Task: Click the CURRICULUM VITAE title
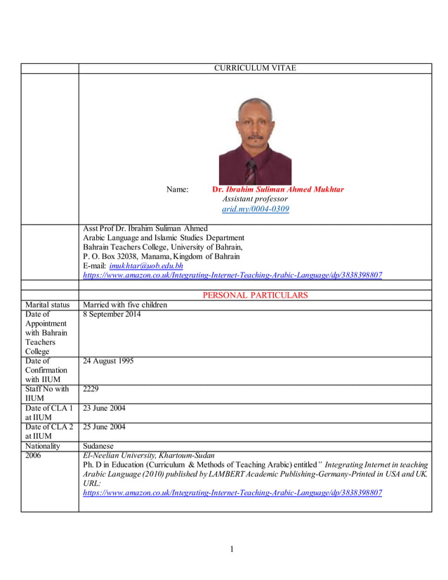pyautogui.click(x=254, y=68)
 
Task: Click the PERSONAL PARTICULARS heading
pyautogui.click(x=255, y=296)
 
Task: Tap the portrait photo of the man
pyautogui.click(x=254, y=140)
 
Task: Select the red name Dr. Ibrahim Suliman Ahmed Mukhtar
pyautogui.click(x=278, y=190)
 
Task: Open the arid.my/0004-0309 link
pyautogui.click(x=255, y=209)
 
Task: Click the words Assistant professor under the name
pyautogui.click(x=255, y=199)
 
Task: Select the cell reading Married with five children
pyautogui.click(x=125, y=305)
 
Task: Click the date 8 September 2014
pyautogui.click(x=112, y=315)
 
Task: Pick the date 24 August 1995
pyautogui.click(x=108, y=362)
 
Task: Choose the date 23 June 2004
pyautogui.click(x=104, y=408)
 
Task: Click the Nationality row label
pyautogui.click(x=43, y=446)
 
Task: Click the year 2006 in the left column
pyautogui.click(x=34, y=456)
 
